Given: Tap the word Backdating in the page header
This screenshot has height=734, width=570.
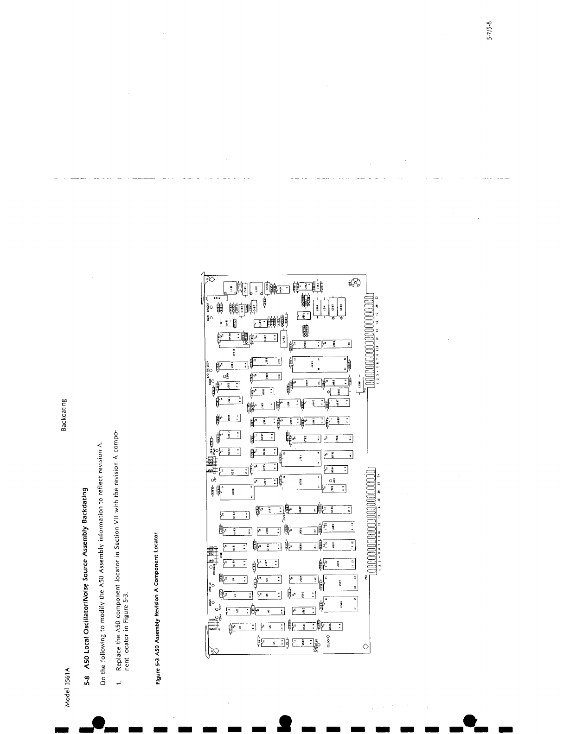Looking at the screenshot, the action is [64, 415].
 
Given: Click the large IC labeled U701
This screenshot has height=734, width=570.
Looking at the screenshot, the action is [300, 458].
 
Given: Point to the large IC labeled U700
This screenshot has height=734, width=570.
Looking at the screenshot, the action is [300, 488].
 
